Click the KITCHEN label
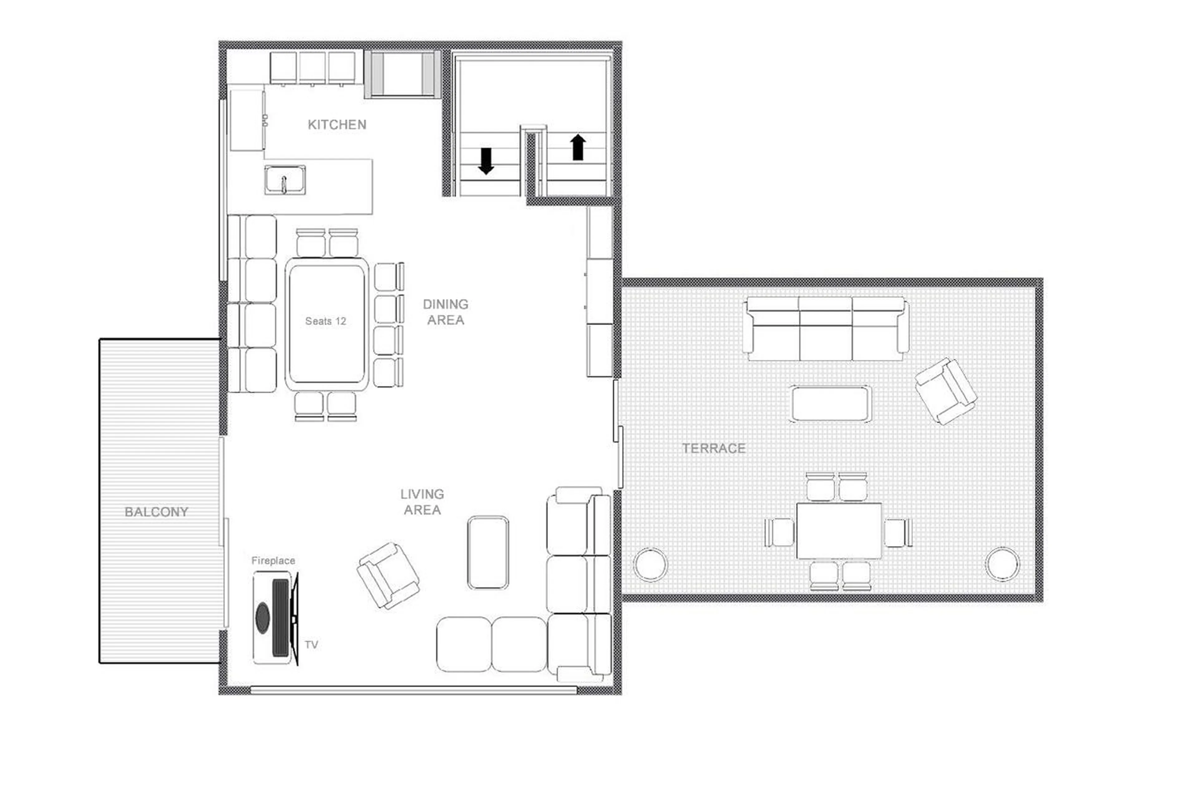point(337,125)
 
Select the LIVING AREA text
point(422,502)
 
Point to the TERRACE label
point(713,448)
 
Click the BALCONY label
point(156,512)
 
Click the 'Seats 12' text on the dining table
point(325,321)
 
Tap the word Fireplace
point(273,560)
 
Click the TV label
point(311,645)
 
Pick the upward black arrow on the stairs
point(578,147)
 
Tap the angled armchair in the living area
point(388,576)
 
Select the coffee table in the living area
point(488,553)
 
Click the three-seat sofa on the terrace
point(825,329)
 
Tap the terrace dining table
point(839,531)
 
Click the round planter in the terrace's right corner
point(1002,564)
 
